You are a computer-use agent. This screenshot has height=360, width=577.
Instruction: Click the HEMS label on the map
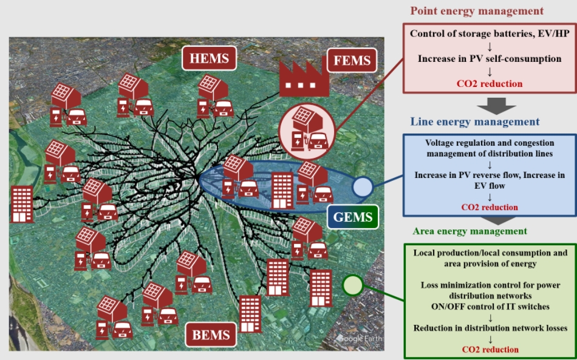tap(209, 58)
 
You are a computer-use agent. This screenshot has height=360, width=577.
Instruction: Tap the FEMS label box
tap(352, 60)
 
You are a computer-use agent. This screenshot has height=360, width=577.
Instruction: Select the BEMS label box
tap(211, 335)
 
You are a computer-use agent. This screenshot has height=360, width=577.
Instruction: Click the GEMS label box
tap(352, 217)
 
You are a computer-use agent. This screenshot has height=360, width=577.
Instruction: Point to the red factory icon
tap(304, 78)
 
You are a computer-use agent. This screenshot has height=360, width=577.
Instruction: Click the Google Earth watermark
tap(360, 338)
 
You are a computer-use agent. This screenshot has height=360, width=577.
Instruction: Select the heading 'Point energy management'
tap(477, 11)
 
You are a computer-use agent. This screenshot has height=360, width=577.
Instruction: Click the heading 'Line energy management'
tap(475, 121)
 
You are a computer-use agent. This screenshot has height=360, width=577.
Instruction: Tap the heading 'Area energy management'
tap(470, 231)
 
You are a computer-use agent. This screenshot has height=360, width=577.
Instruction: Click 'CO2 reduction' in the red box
tap(490, 83)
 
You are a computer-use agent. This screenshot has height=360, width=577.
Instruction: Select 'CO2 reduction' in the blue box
tap(490, 207)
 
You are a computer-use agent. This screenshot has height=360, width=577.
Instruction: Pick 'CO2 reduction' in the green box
tap(490, 349)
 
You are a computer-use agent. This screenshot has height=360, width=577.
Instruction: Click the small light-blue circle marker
tap(363, 188)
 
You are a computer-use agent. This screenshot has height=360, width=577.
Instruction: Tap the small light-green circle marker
tap(353, 285)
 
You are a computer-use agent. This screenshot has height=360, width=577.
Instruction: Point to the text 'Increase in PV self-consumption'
tap(490, 59)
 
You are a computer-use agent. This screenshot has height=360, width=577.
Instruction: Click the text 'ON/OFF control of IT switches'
tap(490, 307)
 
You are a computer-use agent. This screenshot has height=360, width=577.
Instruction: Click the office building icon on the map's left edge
tap(22, 204)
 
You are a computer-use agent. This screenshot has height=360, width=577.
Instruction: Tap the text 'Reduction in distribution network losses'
tap(490, 328)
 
